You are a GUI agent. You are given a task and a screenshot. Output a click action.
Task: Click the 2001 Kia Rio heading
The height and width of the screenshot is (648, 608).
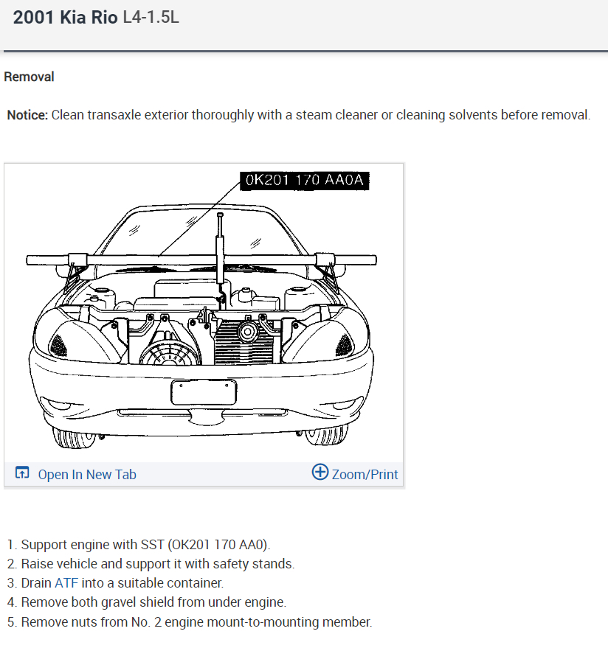pyautogui.click(x=65, y=18)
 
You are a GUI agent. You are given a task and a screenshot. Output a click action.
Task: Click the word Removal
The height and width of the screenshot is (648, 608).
pyautogui.click(x=29, y=77)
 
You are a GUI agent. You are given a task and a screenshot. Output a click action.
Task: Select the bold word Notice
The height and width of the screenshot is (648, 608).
pyautogui.click(x=27, y=115)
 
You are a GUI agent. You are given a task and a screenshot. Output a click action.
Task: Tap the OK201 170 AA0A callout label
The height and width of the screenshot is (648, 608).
pyautogui.click(x=305, y=181)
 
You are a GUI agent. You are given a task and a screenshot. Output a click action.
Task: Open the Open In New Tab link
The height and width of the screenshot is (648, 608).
pyautogui.click(x=86, y=474)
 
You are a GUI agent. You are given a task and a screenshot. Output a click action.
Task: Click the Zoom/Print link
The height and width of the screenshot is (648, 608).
pyautogui.click(x=365, y=474)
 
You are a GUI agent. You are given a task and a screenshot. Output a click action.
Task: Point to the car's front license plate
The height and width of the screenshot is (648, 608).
pyautogui.click(x=204, y=392)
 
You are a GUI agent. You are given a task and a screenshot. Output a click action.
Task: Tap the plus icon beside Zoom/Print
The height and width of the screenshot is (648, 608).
pyautogui.click(x=320, y=473)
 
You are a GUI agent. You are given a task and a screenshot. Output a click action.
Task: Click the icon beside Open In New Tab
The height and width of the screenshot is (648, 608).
pyautogui.click(x=22, y=473)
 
